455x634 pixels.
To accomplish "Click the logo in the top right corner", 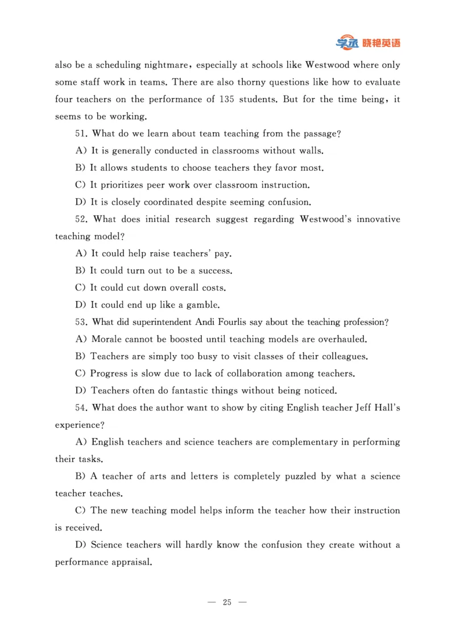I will [x=368, y=43].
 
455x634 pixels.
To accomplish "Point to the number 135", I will [x=225, y=99].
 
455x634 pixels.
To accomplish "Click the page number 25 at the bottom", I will [x=227, y=603].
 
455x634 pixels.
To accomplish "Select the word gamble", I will [x=202, y=305].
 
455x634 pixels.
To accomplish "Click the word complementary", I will [x=303, y=442].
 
